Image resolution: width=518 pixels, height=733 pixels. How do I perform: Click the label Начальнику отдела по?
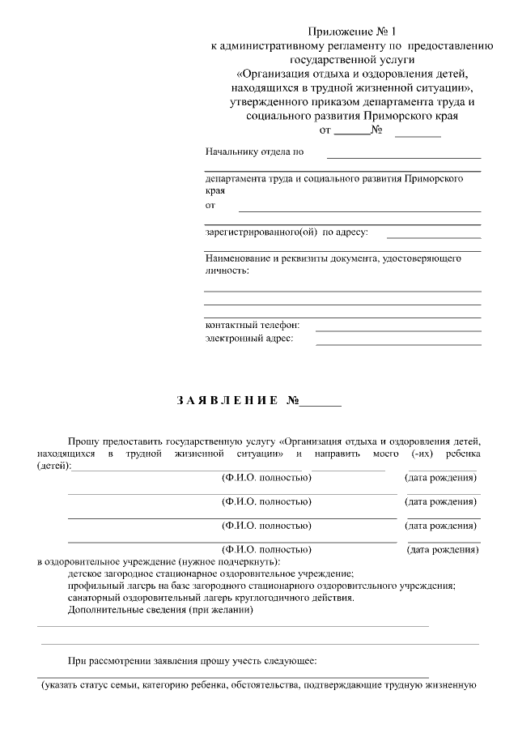(x=254, y=151)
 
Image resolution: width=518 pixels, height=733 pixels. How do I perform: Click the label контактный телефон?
(x=253, y=325)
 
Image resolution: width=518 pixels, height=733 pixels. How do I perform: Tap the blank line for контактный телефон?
(x=397, y=330)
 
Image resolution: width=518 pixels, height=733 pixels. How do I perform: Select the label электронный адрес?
(x=249, y=339)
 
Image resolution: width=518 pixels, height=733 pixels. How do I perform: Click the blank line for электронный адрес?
(x=397, y=344)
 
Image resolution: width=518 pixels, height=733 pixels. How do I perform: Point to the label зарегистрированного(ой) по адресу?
(x=287, y=232)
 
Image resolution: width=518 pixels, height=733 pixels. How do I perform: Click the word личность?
(x=227, y=270)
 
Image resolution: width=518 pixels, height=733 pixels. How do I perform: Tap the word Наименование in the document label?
(x=237, y=258)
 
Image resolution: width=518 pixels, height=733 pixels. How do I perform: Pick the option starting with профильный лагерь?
(x=261, y=585)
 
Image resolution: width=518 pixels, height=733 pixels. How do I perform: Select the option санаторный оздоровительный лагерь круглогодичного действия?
(x=211, y=598)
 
